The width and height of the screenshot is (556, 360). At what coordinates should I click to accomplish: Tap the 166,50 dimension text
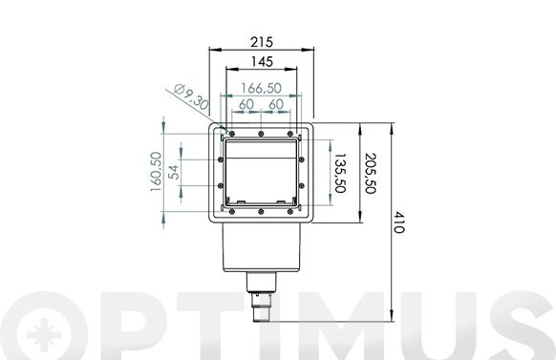261,88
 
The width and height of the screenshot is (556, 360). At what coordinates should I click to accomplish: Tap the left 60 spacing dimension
246,103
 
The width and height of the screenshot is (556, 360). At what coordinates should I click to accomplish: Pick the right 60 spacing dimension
276,103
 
